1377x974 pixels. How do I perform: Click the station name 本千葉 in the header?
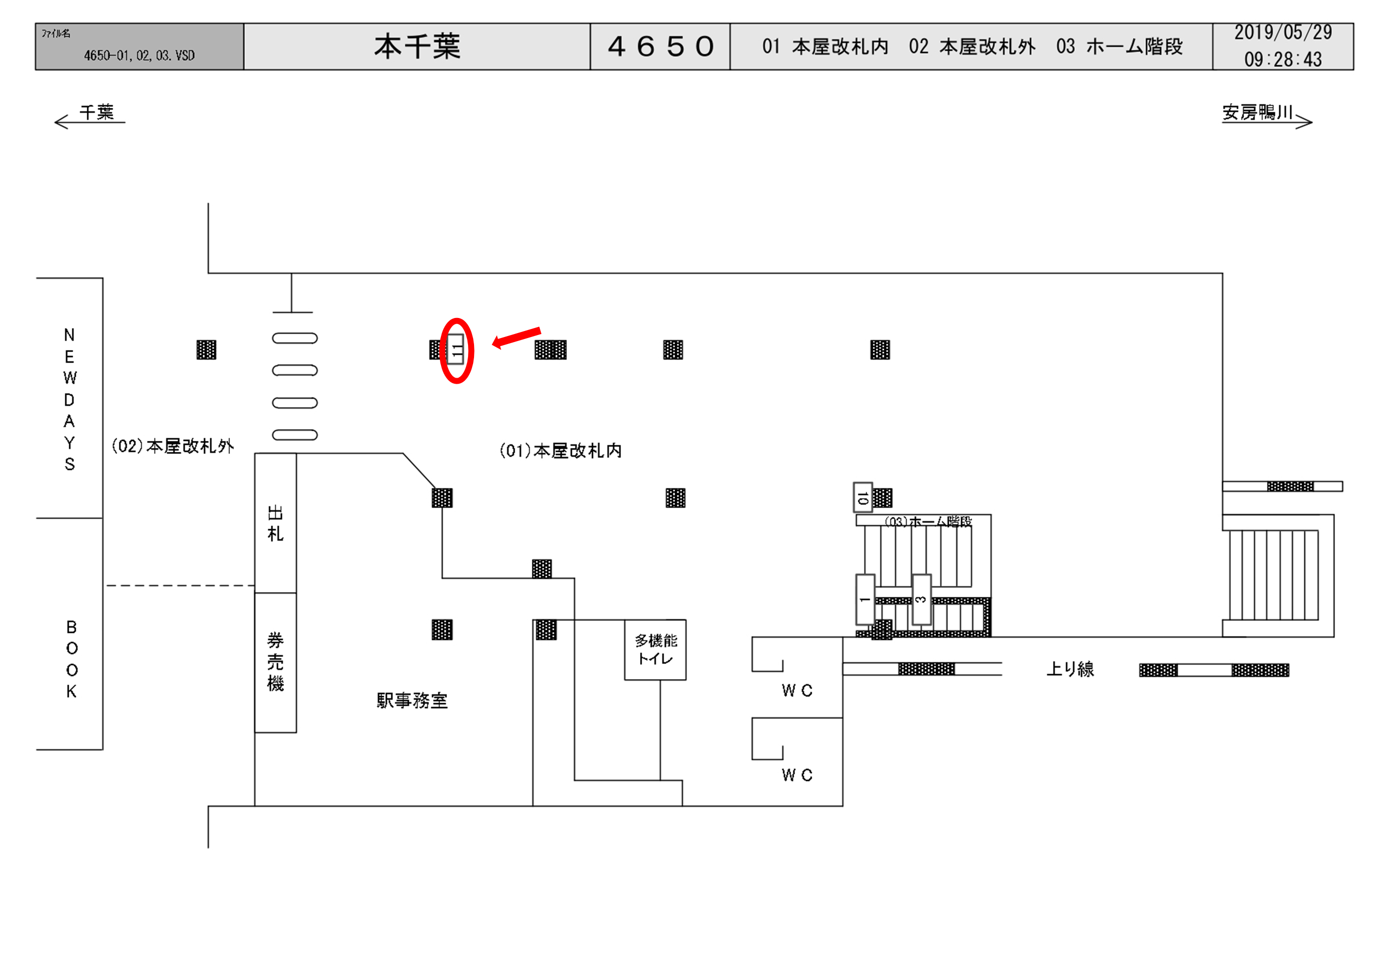click(417, 47)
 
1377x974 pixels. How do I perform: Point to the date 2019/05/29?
click(1283, 33)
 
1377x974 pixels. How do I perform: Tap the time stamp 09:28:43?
click(1283, 59)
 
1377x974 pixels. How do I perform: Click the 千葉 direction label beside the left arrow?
click(96, 112)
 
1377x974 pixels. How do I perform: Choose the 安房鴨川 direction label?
click(1257, 112)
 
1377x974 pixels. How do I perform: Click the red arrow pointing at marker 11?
click(516, 337)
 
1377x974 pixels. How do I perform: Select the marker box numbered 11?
click(456, 350)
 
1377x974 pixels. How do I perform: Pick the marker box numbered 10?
click(862, 497)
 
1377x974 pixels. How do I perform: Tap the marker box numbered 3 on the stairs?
click(921, 599)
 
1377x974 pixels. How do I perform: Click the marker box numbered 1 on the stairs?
click(864, 599)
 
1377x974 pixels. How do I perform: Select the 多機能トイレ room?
click(655, 650)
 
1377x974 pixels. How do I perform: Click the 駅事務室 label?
click(412, 700)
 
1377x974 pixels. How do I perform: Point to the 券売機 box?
click(275, 662)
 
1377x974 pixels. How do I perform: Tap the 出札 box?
click(275, 523)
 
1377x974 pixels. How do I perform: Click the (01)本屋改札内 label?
click(560, 450)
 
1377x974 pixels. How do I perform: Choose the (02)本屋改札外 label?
click(173, 446)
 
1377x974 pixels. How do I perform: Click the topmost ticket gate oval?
click(294, 338)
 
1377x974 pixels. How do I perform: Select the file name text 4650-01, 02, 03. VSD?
click(139, 56)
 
